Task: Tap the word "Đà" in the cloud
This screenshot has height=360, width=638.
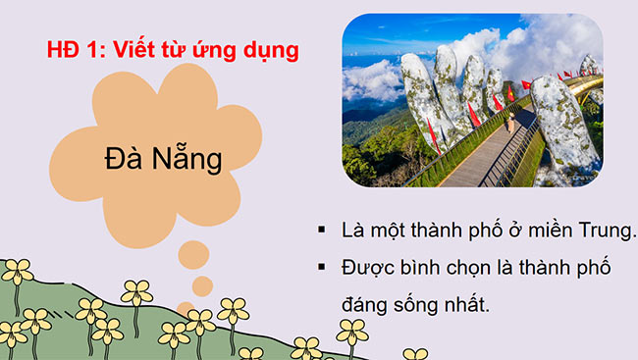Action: (x=124, y=157)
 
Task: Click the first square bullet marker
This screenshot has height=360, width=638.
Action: (x=322, y=231)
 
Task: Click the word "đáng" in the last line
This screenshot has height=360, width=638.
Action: (x=368, y=304)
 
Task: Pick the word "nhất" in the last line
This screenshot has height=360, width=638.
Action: (x=465, y=304)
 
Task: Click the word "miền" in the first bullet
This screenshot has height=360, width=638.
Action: (x=536, y=231)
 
